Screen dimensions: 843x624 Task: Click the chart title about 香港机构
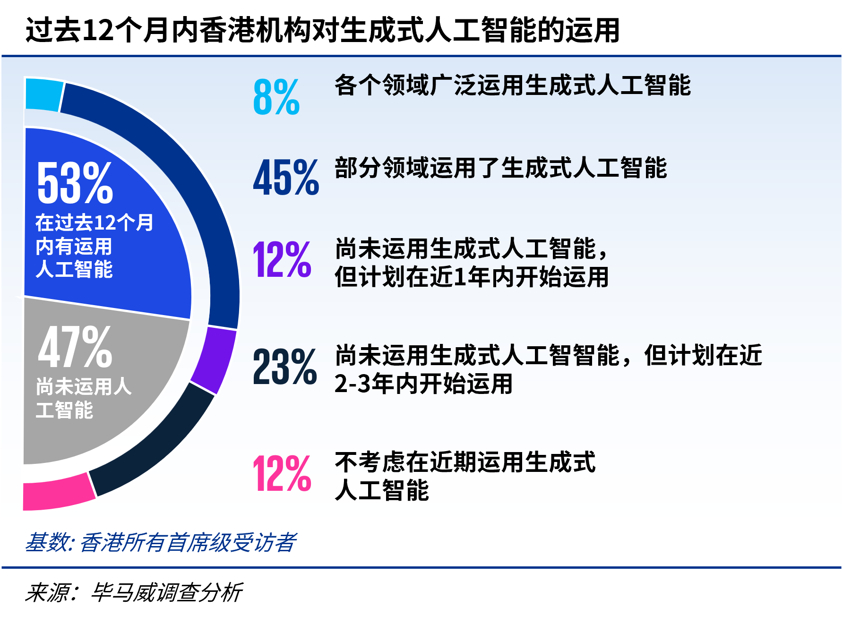[x=322, y=30]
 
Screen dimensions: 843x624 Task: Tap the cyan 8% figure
[x=276, y=97]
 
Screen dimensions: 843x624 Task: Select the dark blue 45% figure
[x=286, y=178]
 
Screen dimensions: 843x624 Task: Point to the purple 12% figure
[x=282, y=259]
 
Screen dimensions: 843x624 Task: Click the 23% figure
[x=285, y=367]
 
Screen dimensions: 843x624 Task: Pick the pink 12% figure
[x=282, y=473]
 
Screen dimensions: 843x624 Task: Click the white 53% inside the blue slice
[x=75, y=182]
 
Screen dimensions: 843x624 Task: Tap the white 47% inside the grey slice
[x=75, y=347]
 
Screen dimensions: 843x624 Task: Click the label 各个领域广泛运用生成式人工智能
[x=513, y=85]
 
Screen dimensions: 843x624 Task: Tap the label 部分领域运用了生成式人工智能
[x=501, y=168]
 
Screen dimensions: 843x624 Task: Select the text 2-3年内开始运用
[x=424, y=383]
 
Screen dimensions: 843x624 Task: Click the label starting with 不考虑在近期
[x=465, y=476]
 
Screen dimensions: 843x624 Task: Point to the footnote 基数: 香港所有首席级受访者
[x=161, y=542]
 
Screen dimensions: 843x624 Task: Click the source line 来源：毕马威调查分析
[x=134, y=593]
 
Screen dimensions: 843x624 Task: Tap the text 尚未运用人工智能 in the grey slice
[x=84, y=398]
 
